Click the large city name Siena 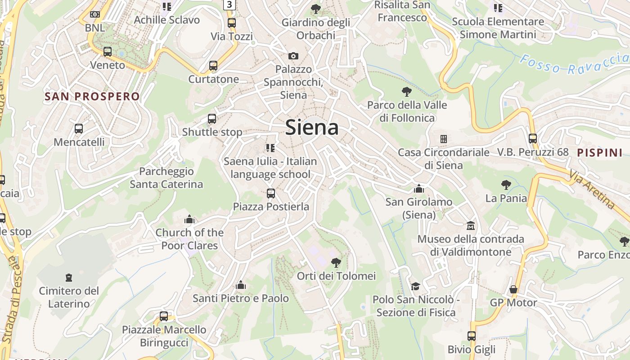(312, 127)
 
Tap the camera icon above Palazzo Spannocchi (293, 56)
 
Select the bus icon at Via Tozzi (232, 22)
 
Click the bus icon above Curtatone (213, 66)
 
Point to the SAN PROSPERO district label (92, 96)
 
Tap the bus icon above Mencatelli (79, 129)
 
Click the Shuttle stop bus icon (212, 119)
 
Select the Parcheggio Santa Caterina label (166, 178)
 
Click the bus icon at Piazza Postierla (271, 193)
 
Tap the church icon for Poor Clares (189, 219)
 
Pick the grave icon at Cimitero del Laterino (69, 277)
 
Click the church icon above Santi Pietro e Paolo (241, 285)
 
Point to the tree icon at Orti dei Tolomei (336, 262)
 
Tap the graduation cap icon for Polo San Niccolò (415, 286)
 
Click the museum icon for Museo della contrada (471, 225)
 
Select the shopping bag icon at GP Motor (513, 289)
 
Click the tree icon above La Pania (506, 184)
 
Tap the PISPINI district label (600, 153)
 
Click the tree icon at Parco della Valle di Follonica (407, 92)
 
